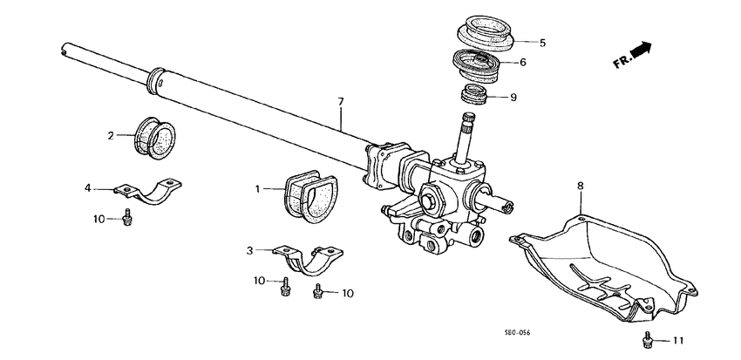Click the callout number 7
342,102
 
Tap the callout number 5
541,42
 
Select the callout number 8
581,185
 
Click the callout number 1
258,188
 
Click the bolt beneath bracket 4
129,218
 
